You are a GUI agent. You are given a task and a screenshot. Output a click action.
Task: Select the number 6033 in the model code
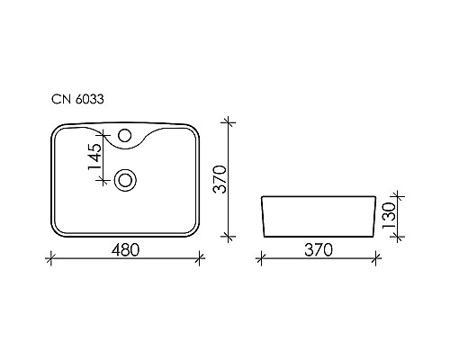(86, 103)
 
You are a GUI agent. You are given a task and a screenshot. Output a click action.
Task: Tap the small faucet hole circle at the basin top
(124, 139)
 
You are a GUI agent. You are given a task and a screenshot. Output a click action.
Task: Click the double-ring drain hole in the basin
(125, 179)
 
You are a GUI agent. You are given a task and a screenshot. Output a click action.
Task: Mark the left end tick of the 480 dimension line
(48, 260)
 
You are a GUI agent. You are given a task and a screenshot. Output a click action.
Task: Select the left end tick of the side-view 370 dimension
(259, 260)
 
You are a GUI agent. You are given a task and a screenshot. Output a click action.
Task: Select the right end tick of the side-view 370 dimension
(377, 260)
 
